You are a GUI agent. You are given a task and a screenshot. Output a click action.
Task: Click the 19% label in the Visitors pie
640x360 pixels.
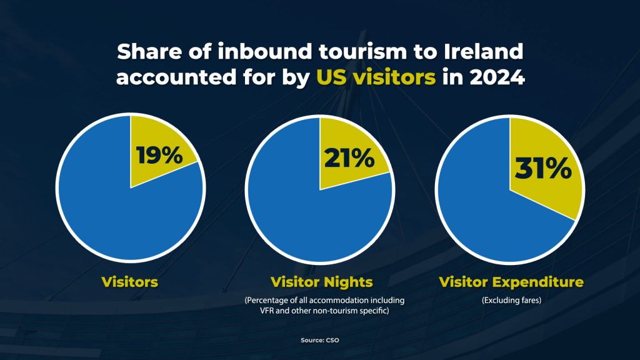[x=159, y=155]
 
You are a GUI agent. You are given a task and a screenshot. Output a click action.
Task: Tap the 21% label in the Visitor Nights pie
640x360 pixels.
[x=349, y=158]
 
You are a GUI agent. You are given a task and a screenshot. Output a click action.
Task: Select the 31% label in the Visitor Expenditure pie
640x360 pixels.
[x=543, y=169]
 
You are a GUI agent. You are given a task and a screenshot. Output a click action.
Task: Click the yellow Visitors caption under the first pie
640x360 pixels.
[x=130, y=282]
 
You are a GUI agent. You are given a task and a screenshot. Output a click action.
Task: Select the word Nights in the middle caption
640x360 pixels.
[x=348, y=282]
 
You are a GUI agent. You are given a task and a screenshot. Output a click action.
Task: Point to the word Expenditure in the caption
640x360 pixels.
[x=538, y=282]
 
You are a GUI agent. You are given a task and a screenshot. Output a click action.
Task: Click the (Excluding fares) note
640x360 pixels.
[x=511, y=301]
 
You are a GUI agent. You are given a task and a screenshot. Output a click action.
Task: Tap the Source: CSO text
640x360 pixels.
[x=320, y=340]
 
